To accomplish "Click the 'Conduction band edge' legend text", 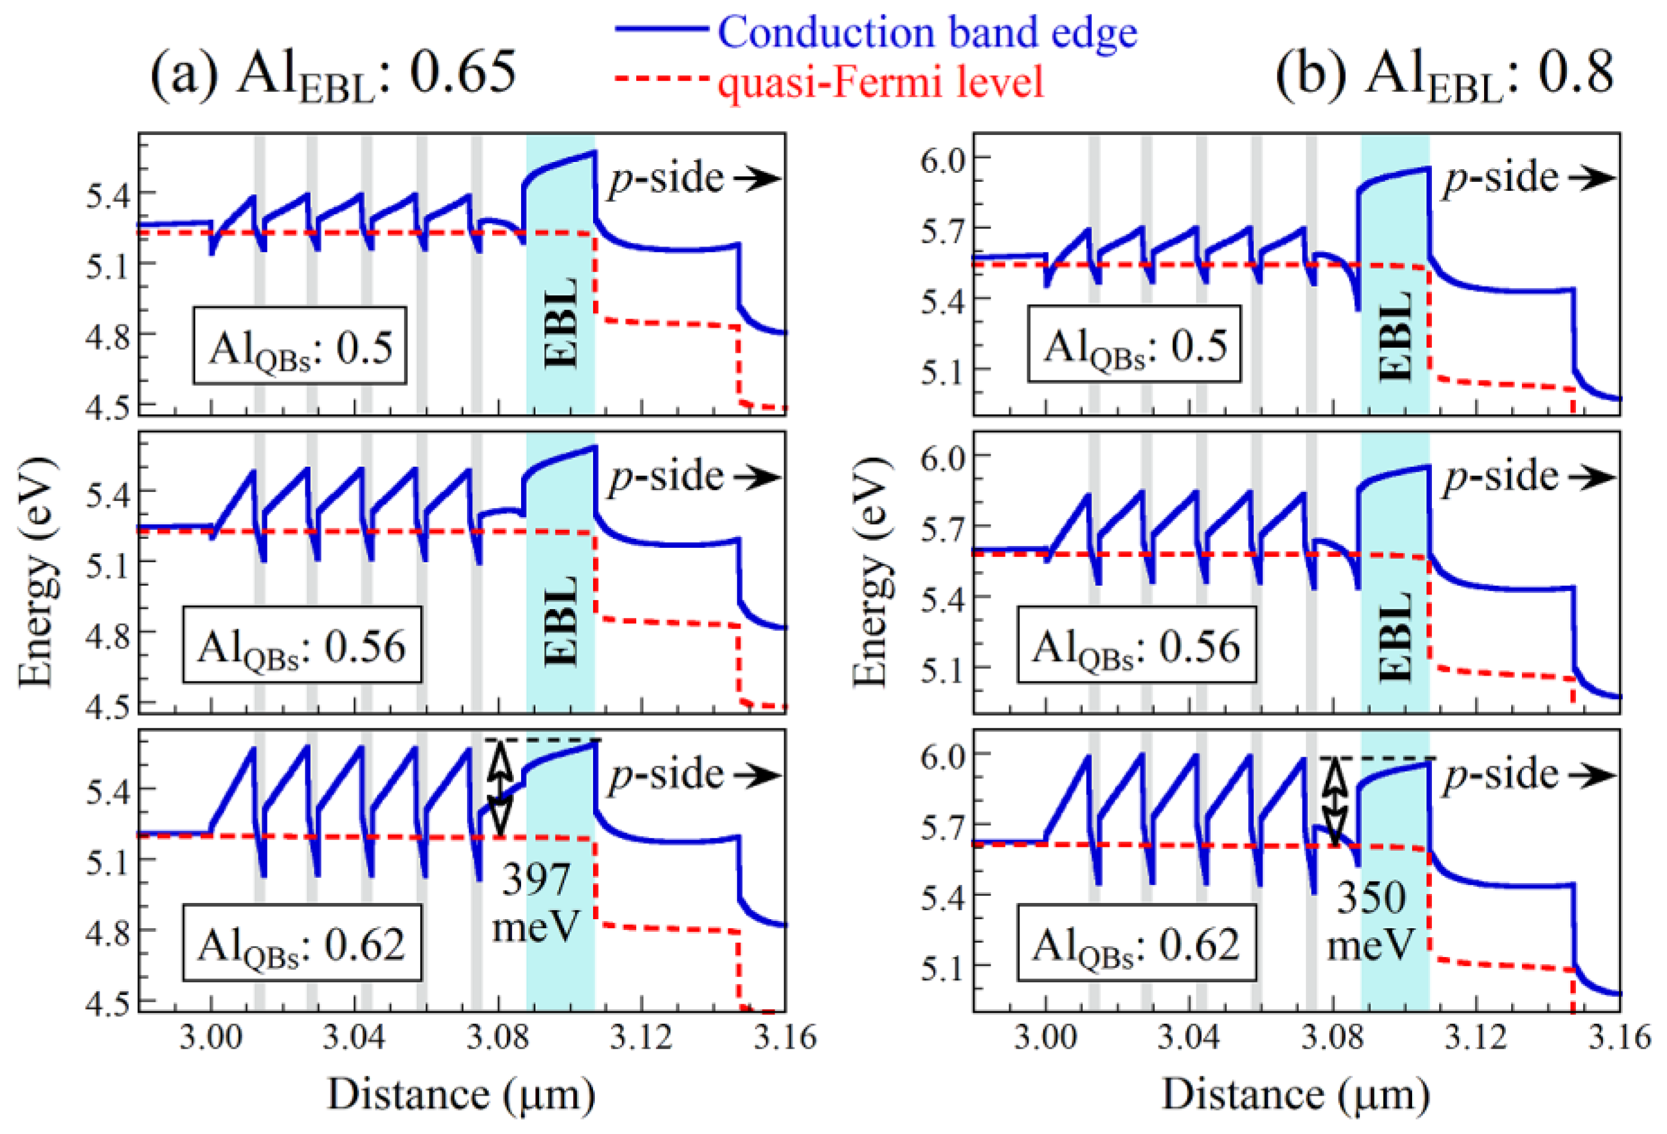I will [x=927, y=33].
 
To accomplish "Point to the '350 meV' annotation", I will [x=1370, y=921].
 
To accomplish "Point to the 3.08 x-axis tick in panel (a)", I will [x=498, y=1038].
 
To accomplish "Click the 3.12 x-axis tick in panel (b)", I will [x=1476, y=1038].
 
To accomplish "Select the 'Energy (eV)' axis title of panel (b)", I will [x=872, y=571].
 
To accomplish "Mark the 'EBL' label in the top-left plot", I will [x=561, y=323].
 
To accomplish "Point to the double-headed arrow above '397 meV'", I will [x=500, y=788].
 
